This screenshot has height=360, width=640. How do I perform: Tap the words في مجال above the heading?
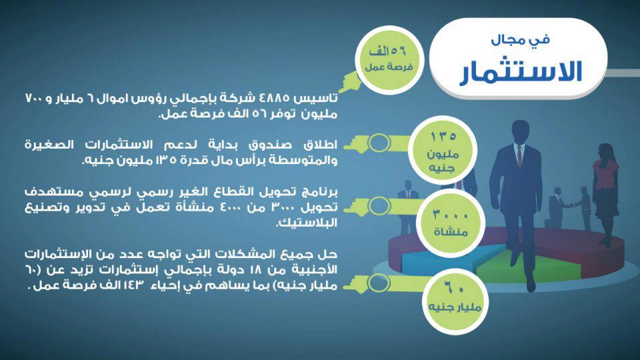(x=521, y=39)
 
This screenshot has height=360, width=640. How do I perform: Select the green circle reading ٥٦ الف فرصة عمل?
(x=389, y=59)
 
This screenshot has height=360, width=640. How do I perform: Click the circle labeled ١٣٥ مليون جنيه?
(x=443, y=151)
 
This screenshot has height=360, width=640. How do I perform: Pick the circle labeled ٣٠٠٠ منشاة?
(x=450, y=223)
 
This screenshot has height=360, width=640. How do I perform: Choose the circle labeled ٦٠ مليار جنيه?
(x=455, y=301)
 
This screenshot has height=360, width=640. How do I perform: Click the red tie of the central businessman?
(x=519, y=156)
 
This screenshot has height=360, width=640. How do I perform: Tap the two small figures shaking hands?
(x=570, y=208)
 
